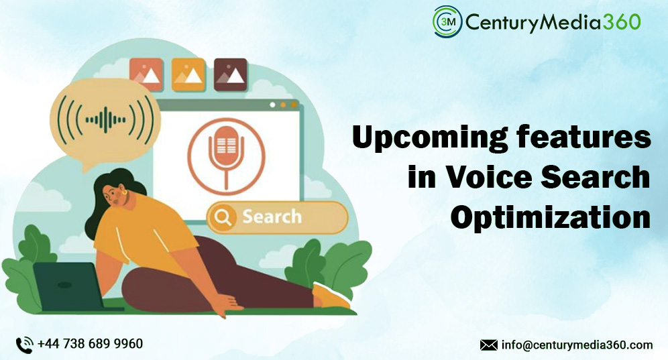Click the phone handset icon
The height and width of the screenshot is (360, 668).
25,345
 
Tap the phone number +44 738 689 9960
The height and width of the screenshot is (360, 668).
90,344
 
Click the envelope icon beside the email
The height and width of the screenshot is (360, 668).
488,345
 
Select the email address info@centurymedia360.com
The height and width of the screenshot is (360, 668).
577,345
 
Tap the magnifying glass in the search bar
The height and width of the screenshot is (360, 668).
223,217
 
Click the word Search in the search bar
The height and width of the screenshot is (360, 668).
272,217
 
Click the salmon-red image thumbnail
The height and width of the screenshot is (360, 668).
146,74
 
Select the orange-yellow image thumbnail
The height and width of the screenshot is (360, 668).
188,74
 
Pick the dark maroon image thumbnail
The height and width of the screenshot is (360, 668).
230,74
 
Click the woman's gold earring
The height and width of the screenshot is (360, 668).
125,199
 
